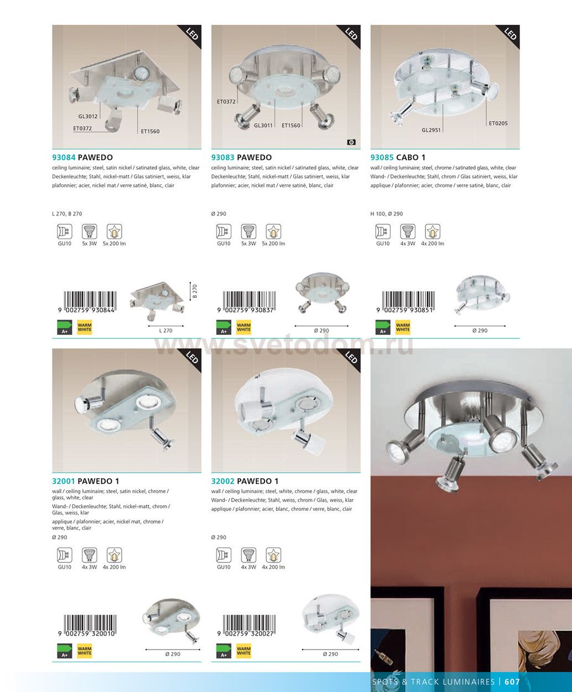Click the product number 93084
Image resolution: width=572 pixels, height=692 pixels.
pos(64,157)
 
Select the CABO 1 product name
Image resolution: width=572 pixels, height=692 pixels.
pos(410,157)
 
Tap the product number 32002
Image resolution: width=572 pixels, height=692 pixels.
pos(223,481)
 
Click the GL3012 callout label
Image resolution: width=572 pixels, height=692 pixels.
pos(88,116)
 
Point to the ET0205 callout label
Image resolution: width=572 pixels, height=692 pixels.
pos(498,123)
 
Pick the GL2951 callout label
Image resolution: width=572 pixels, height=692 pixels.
pos(431,130)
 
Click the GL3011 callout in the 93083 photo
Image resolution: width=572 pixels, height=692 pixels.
pos(263,125)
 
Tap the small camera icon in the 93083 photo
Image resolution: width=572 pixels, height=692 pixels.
pos(351,142)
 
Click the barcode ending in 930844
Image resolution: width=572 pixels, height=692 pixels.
pos(87,302)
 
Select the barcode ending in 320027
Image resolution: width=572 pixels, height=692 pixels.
pos(246,626)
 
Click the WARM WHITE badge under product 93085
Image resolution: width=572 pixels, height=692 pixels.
pos(403,327)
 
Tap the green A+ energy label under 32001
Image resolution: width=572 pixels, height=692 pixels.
pos(65,650)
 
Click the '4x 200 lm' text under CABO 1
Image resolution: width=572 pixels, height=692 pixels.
pos(433,244)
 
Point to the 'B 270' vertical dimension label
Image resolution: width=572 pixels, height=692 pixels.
pos(195,291)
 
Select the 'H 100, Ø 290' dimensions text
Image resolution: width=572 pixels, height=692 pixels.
pos(387,214)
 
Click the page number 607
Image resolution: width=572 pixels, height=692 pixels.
pos(512,681)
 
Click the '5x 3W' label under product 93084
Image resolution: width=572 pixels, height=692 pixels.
pos(90,244)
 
